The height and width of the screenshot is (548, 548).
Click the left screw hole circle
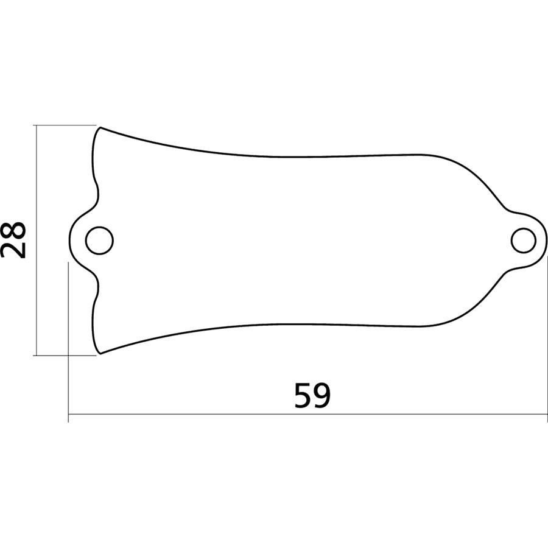[100, 241]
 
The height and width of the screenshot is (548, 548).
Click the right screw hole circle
[523, 240]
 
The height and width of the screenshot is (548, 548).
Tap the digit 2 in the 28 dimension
[13, 250]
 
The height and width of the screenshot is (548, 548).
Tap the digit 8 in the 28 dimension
[13, 230]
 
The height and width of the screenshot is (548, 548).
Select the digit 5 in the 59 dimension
[303, 395]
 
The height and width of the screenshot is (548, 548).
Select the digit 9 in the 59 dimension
[322, 395]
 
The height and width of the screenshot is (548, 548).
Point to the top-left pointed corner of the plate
[100, 127]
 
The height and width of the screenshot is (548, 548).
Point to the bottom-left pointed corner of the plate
[100, 353]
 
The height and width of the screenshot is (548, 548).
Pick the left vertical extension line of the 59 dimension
[68, 341]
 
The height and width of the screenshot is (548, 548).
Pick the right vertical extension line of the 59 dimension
[547, 341]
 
